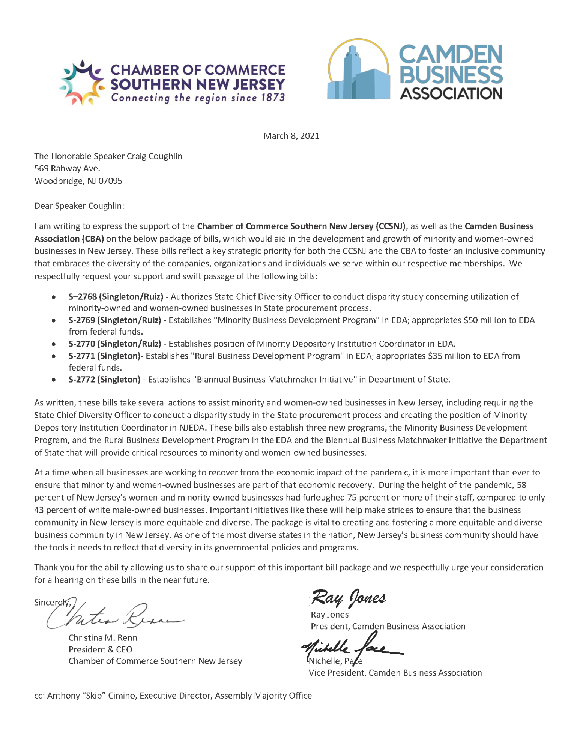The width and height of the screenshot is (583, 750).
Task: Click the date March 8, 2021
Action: pyautogui.click(x=291, y=136)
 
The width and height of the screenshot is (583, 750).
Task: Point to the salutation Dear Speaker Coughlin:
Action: pyautogui.click(x=79, y=206)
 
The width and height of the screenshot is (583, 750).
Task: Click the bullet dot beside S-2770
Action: pyautogui.click(x=54, y=344)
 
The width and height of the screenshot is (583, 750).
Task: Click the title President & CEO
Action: pyautogui.click(x=100, y=649)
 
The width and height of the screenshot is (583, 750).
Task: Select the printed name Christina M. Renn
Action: pyautogui.click(x=103, y=637)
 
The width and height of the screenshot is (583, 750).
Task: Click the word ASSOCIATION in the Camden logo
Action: pyautogui.click(x=451, y=93)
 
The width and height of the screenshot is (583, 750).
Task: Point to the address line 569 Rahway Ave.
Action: pyautogui.click(x=67, y=168)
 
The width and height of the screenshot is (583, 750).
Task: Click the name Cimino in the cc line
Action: pyautogui.click(x=122, y=696)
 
